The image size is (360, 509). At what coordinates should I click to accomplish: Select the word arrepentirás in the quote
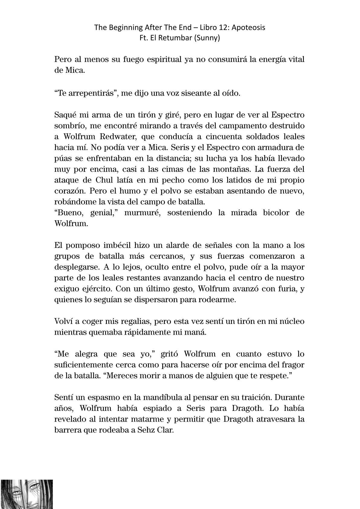pyautogui.click(x=86, y=93)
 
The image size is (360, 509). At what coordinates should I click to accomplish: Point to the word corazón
pyautogui.click(x=69, y=191)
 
